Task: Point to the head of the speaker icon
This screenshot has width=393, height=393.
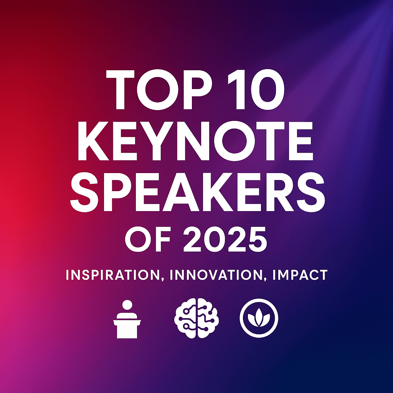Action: (127, 306)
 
